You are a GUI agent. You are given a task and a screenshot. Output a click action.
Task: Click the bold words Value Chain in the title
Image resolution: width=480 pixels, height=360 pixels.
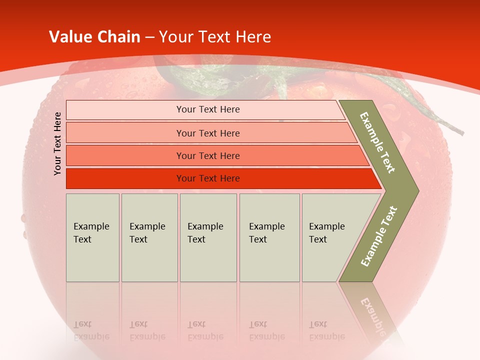94,37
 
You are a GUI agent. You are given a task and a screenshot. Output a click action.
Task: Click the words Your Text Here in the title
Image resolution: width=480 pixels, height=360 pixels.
215,37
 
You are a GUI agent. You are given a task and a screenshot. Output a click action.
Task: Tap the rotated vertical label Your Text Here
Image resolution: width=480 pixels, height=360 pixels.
57,143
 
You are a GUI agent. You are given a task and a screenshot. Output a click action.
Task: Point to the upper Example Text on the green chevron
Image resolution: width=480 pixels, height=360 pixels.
378,142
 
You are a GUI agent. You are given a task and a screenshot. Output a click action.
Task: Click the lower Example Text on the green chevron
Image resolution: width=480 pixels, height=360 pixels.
378,236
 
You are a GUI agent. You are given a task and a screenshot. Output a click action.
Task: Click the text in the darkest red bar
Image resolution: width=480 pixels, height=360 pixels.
208,178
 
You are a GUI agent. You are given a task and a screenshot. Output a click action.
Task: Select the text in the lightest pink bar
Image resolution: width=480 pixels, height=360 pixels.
208,109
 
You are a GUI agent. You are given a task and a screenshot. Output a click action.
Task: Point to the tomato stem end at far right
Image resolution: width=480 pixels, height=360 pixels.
460,132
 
